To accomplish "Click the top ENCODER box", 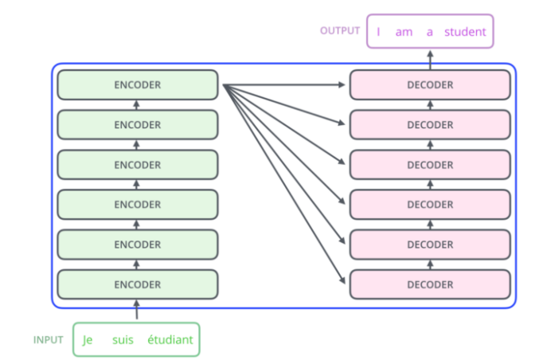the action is point(138,85).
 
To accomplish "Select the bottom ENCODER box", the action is point(138,284).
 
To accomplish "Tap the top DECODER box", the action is point(430,85).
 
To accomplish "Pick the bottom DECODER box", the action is point(430,284).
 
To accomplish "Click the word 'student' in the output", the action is point(465,32).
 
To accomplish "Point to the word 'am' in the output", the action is point(404,32).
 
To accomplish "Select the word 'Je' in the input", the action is point(88,340).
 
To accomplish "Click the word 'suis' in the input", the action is point(123,339).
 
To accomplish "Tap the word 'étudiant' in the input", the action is point(170,339).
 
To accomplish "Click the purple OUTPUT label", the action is point(340,31).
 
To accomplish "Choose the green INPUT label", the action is point(48,340).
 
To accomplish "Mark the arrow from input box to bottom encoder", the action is point(136,309).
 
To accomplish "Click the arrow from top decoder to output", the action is point(430,60).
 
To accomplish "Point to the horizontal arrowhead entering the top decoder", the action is point(342,85).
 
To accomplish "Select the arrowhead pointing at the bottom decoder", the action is point(342,280).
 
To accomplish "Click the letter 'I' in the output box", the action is point(378,32).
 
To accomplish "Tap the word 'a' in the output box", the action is point(429,32).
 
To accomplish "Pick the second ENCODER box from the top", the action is point(138,125).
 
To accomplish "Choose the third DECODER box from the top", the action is point(430,165).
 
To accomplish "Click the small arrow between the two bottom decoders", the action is point(430,264).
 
